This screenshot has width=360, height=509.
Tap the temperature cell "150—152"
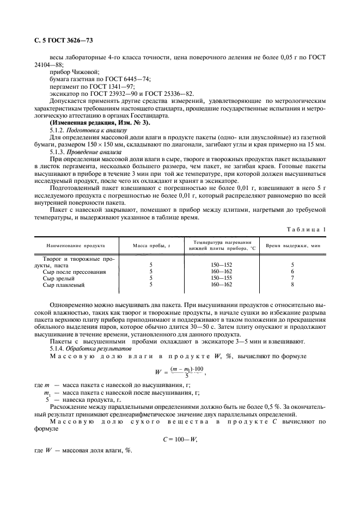point(221,265)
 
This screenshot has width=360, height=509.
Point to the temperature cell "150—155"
point(221,278)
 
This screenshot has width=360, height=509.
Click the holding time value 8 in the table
point(292,284)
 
